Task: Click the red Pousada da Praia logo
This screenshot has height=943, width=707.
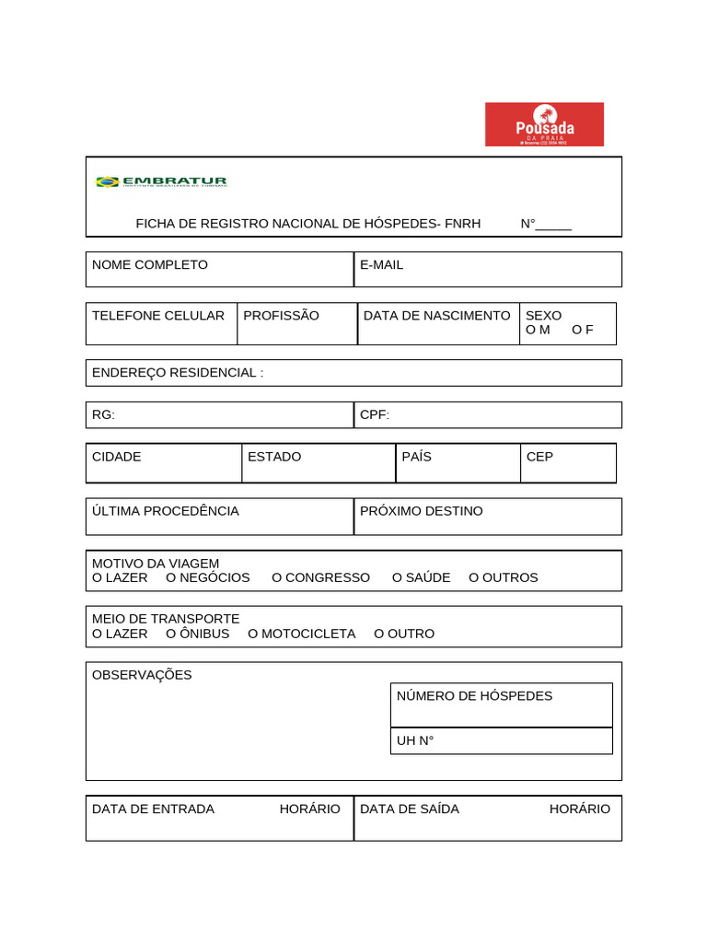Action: coord(544,124)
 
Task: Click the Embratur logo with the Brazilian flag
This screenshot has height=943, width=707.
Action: coord(161,182)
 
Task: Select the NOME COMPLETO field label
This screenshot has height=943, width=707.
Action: coord(150,265)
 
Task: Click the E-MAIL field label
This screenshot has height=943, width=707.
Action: coord(381,265)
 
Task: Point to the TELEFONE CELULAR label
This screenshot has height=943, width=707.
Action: coord(158,316)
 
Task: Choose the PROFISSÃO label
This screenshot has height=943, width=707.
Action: coord(281,316)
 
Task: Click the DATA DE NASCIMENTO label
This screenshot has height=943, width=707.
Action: coord(436,316)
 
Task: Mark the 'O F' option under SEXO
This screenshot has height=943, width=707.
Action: coord(583,330)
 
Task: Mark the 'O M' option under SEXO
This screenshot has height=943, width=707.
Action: coord(538,330)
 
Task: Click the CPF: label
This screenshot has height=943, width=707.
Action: coord(375,415)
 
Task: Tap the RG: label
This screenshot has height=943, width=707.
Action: coord(104,415)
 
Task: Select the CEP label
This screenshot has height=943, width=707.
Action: coord(539,457)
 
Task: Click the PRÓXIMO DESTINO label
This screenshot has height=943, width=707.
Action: coord(421,511)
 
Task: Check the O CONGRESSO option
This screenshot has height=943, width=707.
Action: coord(320,577)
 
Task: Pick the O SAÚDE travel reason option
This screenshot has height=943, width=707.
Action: coord(421,577)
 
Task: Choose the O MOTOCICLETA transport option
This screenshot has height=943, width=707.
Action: coord(301,634)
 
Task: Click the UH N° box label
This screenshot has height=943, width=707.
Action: coord(415,740)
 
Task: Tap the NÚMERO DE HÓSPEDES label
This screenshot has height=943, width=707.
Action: coord(474,696)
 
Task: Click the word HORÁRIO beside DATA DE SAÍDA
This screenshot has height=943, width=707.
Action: coord(579,809)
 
